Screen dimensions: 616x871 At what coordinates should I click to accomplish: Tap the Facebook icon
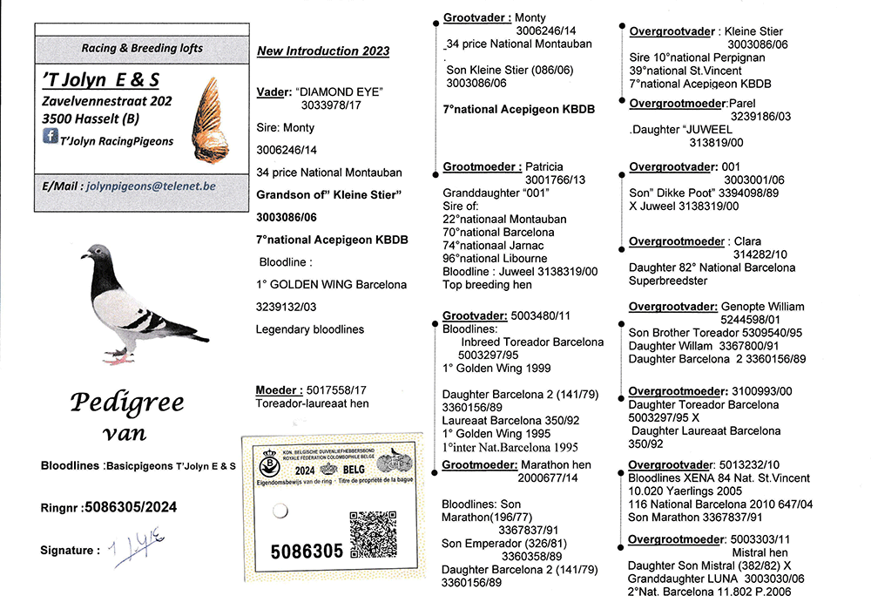coord(51,136)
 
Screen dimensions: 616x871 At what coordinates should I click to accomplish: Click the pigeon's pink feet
coord(118,356)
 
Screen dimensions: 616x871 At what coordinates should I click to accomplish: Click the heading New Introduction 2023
coord(323,51)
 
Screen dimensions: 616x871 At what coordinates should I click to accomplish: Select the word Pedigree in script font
coord(127,403)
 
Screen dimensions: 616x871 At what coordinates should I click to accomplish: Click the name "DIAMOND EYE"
coord(340,91)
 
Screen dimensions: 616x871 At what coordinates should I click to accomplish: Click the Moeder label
coord(279,390)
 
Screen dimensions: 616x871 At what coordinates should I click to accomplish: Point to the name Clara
coord(746,241)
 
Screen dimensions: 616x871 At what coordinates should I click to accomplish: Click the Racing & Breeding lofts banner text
coord(142,48)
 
